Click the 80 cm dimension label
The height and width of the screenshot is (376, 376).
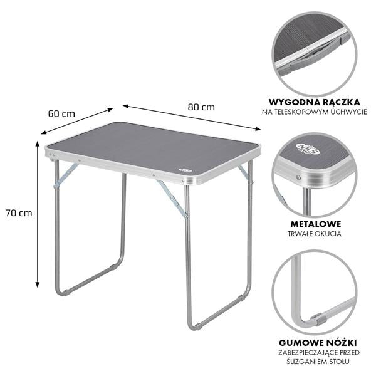click(201, 107)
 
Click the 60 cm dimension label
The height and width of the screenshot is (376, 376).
click(61, 113)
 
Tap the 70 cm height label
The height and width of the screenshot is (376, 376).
click(19, 213)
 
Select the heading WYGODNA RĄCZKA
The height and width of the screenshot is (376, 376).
click(315, 102)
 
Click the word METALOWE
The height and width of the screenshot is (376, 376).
click(316, 224)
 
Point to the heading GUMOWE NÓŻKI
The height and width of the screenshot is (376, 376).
click(318, 343)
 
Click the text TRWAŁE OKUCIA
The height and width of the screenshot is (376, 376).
click(315, 234)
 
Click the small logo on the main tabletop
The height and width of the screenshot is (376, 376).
click(185, 170)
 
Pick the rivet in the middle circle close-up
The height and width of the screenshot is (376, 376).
click(298, 178)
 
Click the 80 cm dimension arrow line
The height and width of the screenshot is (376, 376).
click(192, 117)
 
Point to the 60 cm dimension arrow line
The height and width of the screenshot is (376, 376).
click(76, 121)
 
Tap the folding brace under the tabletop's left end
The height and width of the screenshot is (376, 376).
click(66, 175)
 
